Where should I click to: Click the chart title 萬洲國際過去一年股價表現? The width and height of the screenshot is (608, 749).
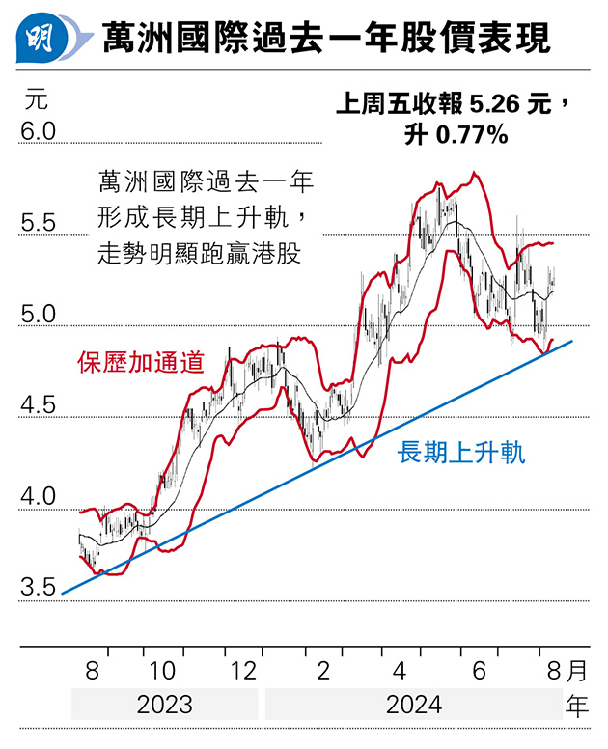pos(326,39)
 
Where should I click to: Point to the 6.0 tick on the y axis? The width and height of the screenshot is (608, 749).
pos(40,130)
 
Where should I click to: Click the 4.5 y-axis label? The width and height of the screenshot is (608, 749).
pos(40,406)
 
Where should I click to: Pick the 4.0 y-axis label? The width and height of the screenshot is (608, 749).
pos(40,498)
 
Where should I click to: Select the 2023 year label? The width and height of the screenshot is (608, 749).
pos(164,704)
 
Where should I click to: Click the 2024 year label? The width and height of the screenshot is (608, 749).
pos(413,704)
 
